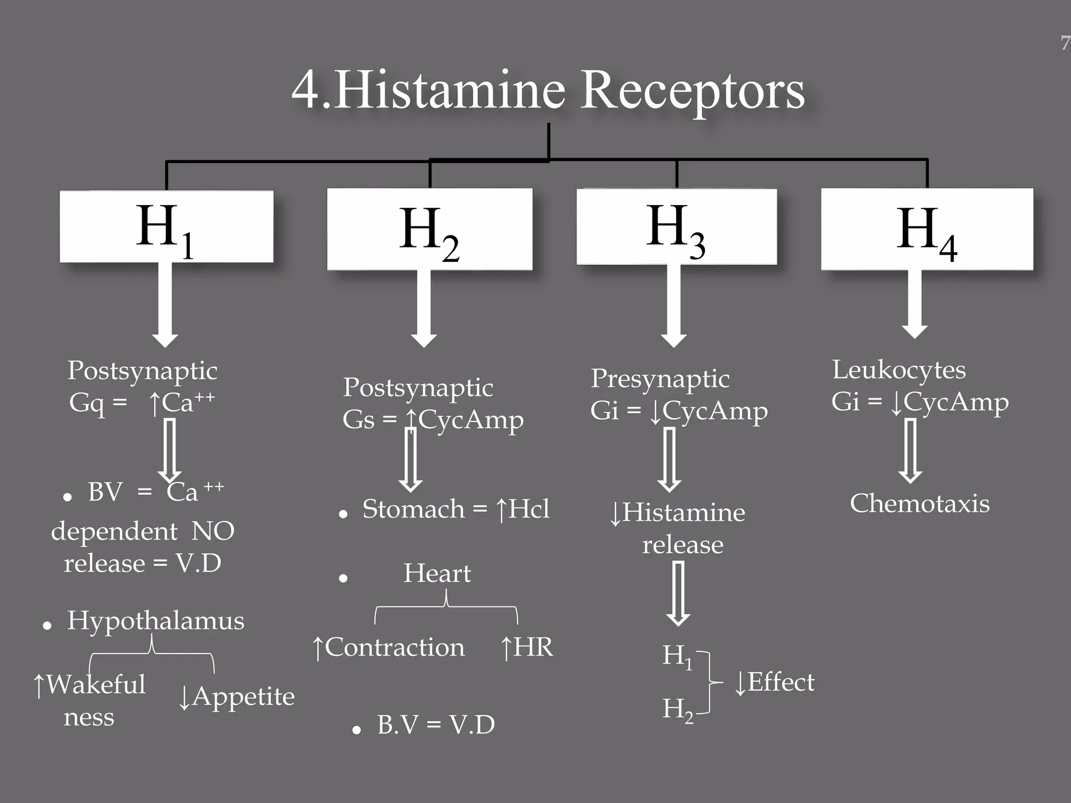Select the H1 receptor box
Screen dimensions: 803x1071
[x=166, y=226]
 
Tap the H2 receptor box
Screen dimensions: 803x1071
[x=429, y=229]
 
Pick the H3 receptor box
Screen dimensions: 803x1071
[x=676, y=227]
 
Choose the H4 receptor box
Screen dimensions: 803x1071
[x=927, y=229]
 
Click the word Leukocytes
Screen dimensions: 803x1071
[x=898, y=370]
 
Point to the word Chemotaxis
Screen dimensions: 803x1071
[x=919, y=504]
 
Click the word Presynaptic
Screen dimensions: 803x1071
[x=660, y=378]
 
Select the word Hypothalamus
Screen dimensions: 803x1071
[x=155, y=621]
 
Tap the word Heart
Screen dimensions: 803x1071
[x=437, y=573]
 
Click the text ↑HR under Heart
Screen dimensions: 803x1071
[x=526, y=648]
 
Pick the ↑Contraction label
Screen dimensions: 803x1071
[x=388, y=648]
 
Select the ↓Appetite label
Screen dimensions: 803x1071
[x=236, y=697]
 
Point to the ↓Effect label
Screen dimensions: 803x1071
[x=774, y=683]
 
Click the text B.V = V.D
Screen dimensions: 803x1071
[x=436, y=725]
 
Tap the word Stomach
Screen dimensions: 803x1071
[x=413, y=509]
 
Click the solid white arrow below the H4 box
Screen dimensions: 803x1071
[x=915, y=303]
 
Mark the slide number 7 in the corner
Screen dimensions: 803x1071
[x=1065, y=43]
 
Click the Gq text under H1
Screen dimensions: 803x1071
[x=86, y=403]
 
